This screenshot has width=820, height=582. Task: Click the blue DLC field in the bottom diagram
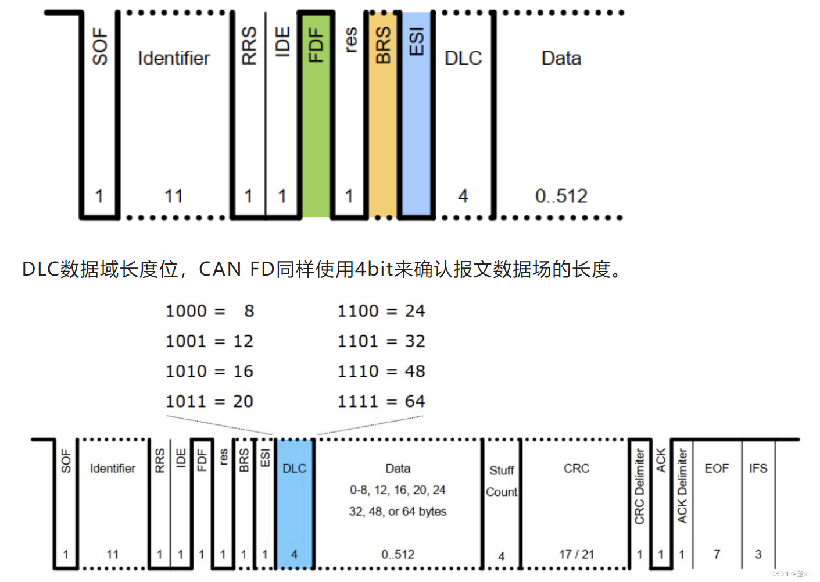click(295, 504)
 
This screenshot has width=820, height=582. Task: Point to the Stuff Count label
click(502, 481)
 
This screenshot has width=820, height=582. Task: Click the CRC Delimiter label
click(639, 486)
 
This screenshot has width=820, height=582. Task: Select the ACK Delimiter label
click(682, 486)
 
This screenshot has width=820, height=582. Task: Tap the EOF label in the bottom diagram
click(716, 469)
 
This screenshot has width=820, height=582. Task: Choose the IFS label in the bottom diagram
click(758, 469)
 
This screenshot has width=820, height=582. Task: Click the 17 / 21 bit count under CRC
click(576, 555)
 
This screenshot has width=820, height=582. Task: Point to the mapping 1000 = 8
click(210, 311)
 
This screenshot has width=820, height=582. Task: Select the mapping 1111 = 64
click(381, 401)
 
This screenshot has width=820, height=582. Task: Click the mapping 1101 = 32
click(381, 341)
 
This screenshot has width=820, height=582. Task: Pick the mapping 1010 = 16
click(210, 372)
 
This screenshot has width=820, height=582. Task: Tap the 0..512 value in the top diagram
click(561, 197)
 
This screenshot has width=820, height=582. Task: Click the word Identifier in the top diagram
click(174, 58)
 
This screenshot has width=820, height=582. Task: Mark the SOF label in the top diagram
click(100, 46)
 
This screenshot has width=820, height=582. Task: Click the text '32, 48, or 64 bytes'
click(398, 512)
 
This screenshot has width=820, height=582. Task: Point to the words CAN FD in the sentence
click(236, 269)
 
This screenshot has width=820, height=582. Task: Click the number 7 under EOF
click(717, 555)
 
